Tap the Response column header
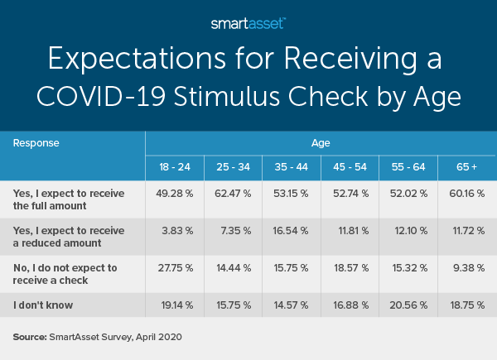pos(37,142)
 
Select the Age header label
pos(321,142)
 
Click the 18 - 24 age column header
pos(175,168)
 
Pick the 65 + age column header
pos(466,168)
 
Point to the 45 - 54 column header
pos(349,168)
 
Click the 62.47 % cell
pos(233,194)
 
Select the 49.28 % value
pos(175,194)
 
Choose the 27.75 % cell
pos(175,269)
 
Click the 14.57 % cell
pos(291,305)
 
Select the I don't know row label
pos(43,304)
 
